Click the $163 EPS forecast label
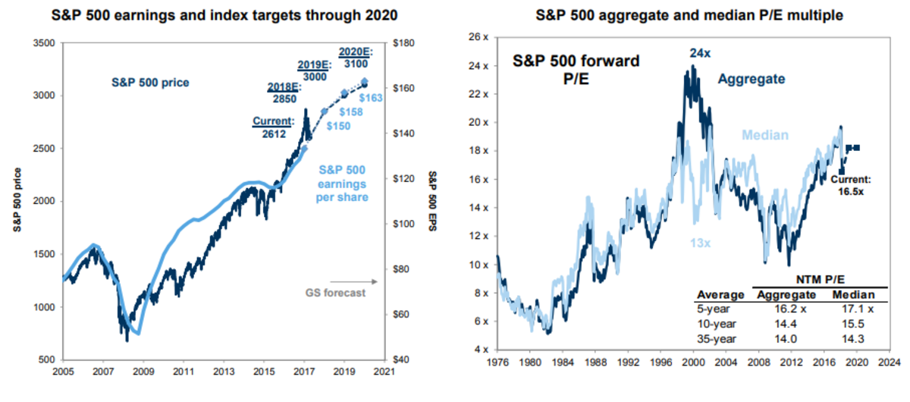coord(369,97)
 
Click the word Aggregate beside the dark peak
coord(752,78)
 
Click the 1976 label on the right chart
coord(497,363)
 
